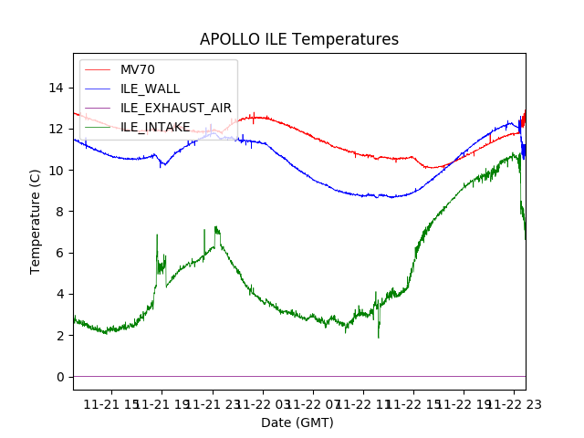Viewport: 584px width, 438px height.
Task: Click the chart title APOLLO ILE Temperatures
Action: [299, 40]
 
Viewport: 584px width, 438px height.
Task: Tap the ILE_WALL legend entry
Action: [150, 89]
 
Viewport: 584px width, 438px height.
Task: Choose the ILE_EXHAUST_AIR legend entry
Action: [175, 108]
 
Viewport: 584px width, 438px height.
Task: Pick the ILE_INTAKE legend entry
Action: [155, 127]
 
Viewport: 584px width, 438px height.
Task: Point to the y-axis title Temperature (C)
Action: [36, 221]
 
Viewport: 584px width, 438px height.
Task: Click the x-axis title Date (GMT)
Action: [297, 422]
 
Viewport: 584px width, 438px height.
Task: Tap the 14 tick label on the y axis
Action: [57, 88]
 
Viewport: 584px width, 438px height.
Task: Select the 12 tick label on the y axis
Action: [57, 129]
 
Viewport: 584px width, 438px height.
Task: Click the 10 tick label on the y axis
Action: [57, 171]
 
